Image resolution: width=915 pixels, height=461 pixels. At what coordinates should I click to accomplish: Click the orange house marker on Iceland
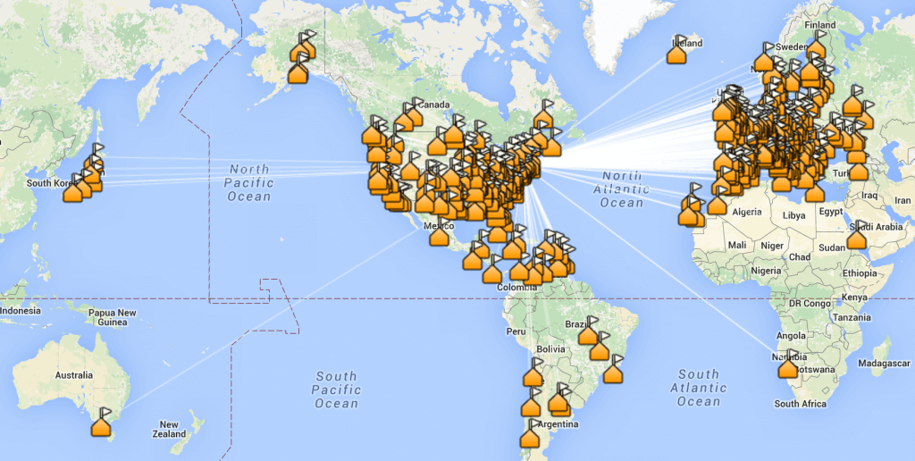click(677, 54)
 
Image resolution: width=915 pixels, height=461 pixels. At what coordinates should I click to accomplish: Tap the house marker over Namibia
click(787, 368)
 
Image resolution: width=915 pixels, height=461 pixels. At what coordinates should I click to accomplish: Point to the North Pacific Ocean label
click(249, 182)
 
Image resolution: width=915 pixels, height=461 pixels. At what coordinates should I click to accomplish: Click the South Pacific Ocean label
click(336, 390)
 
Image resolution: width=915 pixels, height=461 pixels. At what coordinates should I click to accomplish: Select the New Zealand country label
click(169, 430)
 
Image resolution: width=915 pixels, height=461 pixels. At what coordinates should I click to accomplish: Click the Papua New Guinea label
click(113, 317)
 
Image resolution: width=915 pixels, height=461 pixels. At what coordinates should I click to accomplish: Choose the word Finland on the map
click(819, 25)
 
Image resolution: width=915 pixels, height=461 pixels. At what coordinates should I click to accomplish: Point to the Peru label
click(516, 331)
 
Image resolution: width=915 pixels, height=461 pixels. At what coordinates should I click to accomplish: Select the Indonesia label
click(21, 310)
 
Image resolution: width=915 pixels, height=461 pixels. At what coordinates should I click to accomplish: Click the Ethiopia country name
click(860, 272)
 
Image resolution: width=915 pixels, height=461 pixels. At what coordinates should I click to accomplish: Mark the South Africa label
click(800, 404)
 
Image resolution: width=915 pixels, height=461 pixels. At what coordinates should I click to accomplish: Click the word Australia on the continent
click(73, 375)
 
